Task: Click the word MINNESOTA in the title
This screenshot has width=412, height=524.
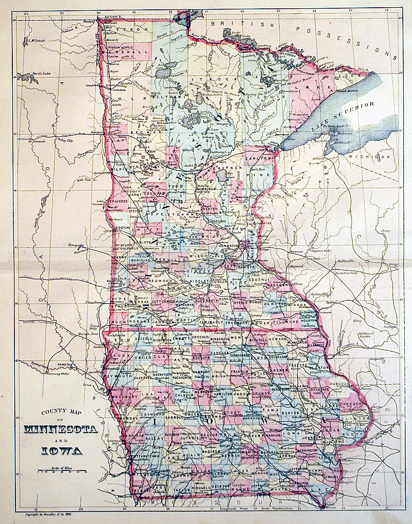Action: tap(61, 430)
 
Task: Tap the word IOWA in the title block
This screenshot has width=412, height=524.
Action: tap(61, 451)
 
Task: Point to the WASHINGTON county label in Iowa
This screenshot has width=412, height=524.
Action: tap(307, 450)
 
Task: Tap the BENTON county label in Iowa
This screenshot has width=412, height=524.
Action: tap(290, 413)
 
